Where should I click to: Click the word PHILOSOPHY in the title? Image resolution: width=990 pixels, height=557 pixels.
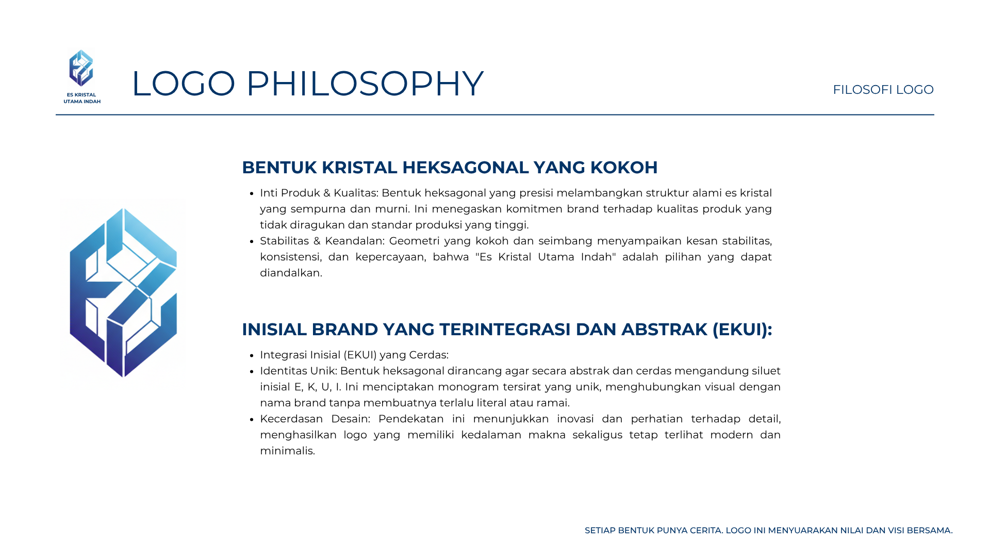[365, 84]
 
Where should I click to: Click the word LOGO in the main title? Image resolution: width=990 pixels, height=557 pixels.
[184, 84]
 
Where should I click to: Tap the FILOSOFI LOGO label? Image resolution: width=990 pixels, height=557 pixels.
[883, 90]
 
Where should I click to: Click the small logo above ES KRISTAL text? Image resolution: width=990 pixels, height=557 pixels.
[81, 68]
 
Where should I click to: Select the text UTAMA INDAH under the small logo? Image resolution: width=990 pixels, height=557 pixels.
[82, 102]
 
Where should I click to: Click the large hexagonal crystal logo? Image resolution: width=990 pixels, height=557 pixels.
[123, 292]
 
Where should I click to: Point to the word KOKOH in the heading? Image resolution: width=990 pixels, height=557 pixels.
[624, 168]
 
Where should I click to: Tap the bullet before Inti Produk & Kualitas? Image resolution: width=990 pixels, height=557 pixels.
[252, 194]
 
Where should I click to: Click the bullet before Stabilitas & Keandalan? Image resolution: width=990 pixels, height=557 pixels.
[252, 242]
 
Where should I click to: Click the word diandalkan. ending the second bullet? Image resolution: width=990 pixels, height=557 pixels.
[291, 273]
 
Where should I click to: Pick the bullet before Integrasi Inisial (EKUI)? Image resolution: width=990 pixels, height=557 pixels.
[252, 356]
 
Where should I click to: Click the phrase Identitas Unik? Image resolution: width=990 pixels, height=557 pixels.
[298, 371]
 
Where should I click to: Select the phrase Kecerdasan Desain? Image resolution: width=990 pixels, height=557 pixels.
[315, 419]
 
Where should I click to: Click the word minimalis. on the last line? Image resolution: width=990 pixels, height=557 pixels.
[287, 451]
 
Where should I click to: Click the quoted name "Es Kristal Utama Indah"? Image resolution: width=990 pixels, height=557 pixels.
[546, 257]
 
